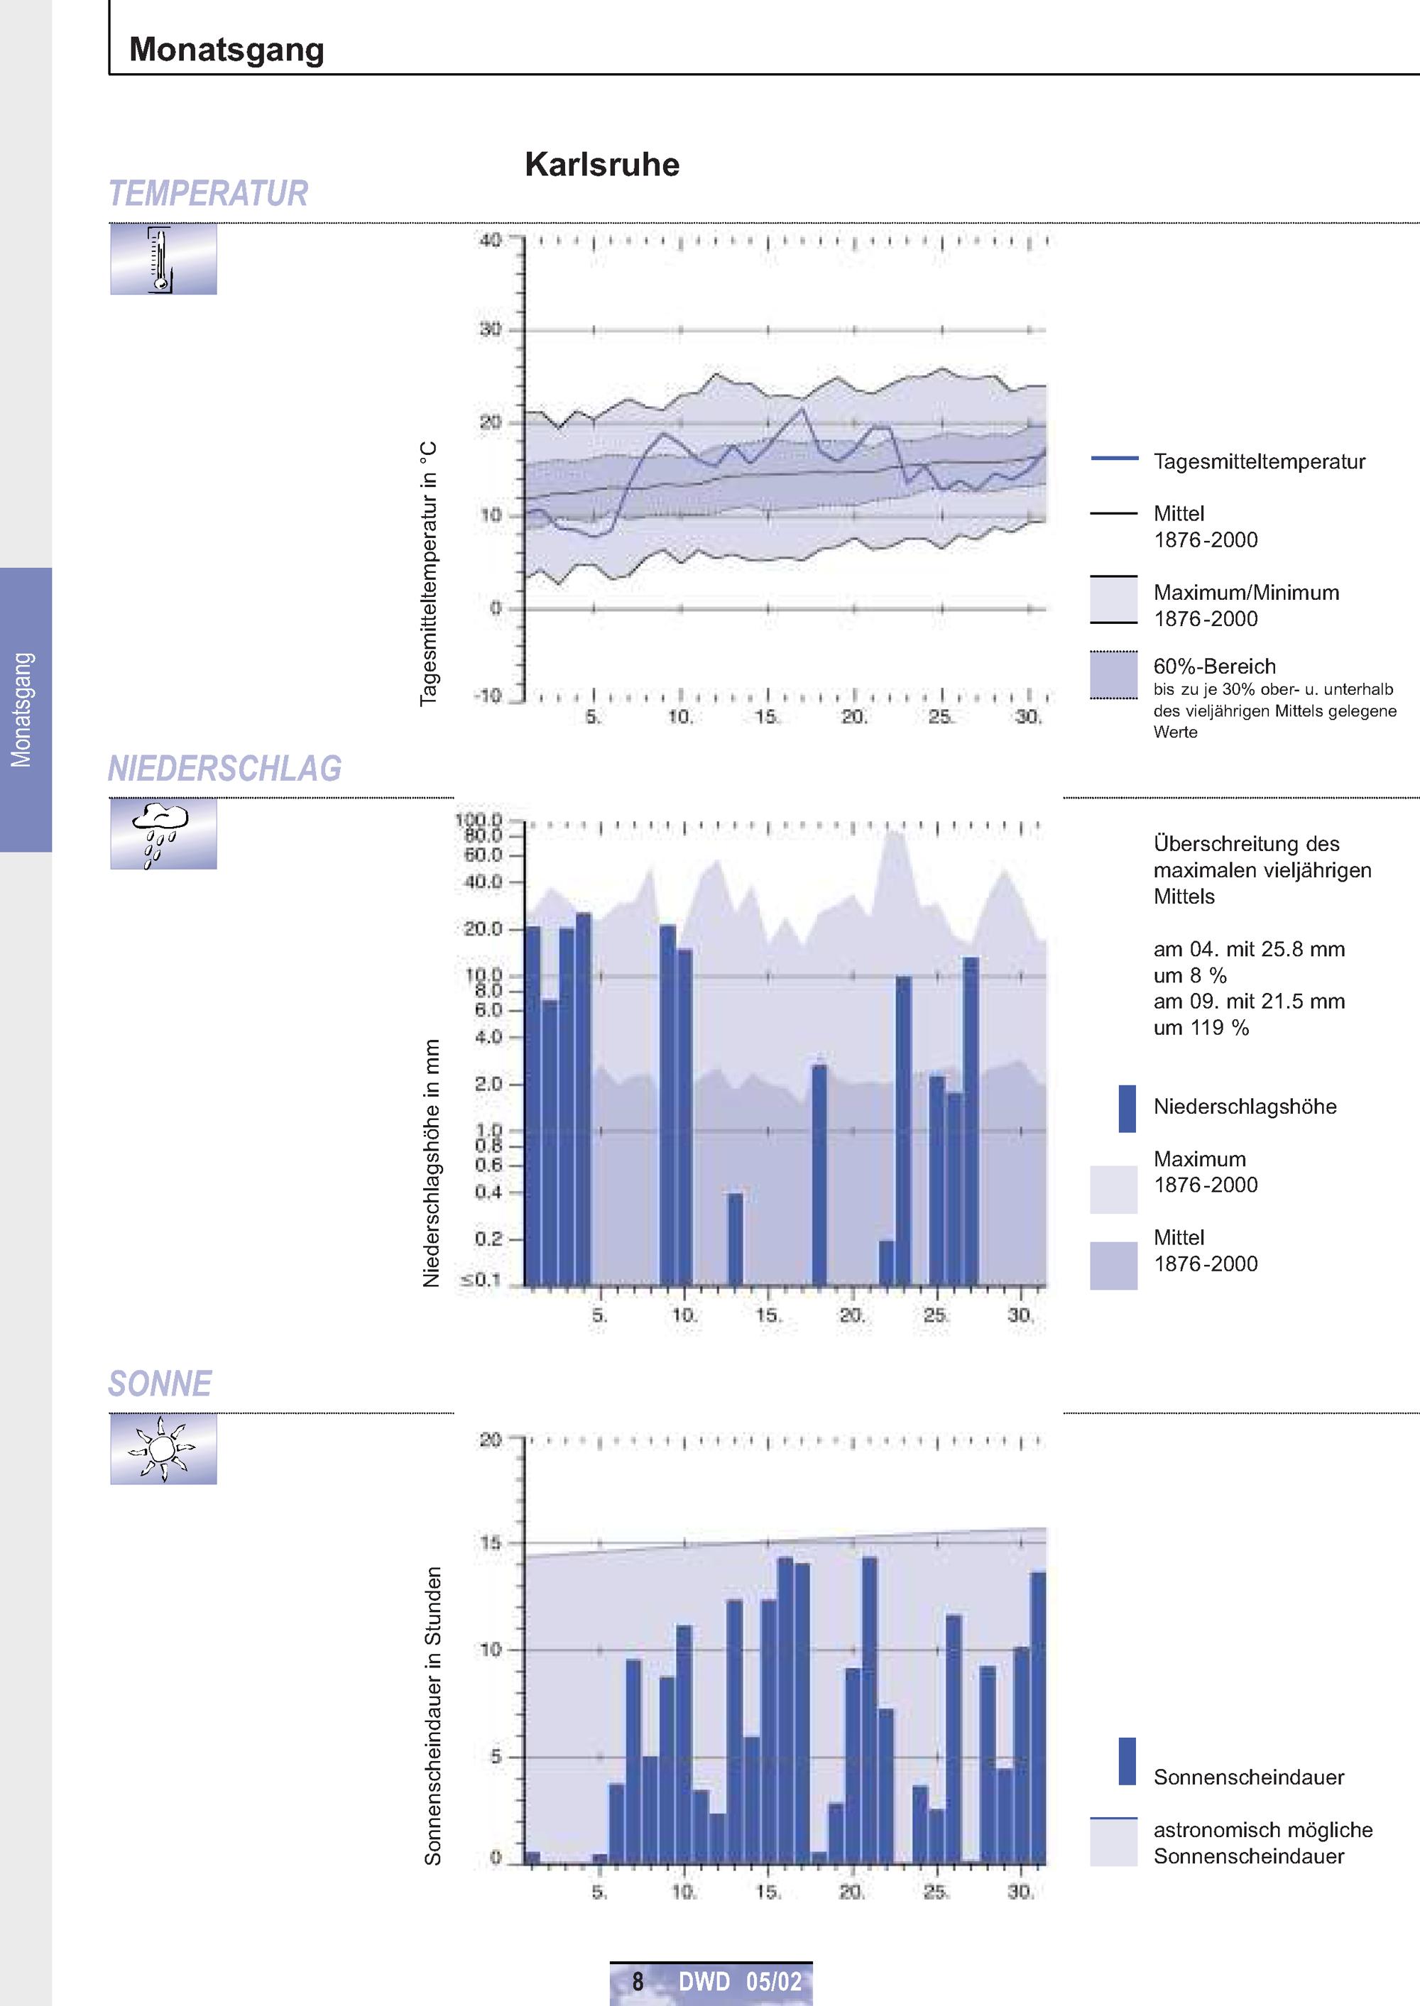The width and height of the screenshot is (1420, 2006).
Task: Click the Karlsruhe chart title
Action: pyautogui.click(x=601, y=164)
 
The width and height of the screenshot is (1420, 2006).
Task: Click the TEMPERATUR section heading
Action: pyautogui.click(x=208, y=193)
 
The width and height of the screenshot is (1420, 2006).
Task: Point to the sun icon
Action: pyautogui.click(x=163, y=1449)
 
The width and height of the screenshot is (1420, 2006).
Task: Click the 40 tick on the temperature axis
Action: pyautogui.click(x=490, y=239)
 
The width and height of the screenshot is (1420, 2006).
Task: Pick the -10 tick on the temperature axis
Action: pyautogui.click(x=488, y=696)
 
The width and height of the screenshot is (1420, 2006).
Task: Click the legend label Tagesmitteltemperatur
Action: pyautogui.click(x=1259, y=461)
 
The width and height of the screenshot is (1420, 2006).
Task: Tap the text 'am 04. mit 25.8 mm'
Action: pyautogui.click(x=1249, y=949)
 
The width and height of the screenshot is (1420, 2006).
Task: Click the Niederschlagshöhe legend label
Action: pyautogui.click(x=1244, y=1107)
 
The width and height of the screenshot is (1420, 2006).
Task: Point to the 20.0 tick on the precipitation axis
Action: pyautogui.click(x=483, y=929)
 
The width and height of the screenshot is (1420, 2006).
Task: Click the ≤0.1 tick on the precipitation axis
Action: pyautogui.click(x=481, y=1281)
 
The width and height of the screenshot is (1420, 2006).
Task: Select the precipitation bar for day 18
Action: pyautogui.click(x=819, y=1175)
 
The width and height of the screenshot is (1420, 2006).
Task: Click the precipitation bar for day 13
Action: pyautogui.click(x=736, y=1239)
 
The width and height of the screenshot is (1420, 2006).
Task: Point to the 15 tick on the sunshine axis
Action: pyautogui.click(x=491, y=1542)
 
